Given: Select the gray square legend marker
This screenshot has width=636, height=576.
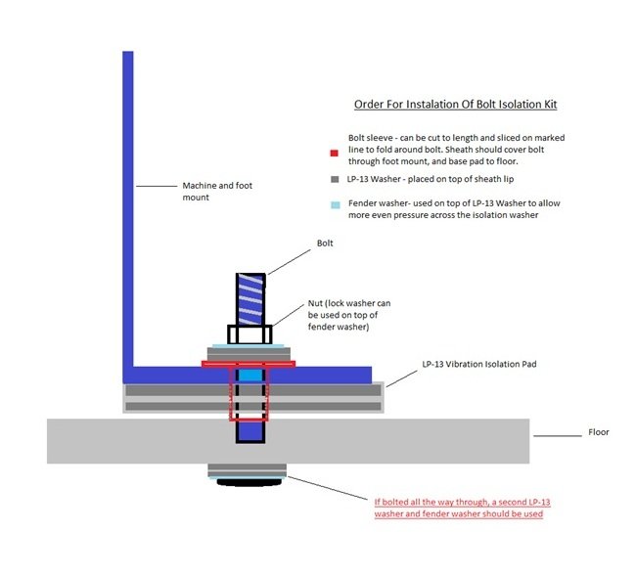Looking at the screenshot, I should pyautogui.click(x=334, y=180).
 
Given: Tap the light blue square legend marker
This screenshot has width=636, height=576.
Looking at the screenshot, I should pyautogui.click(x=334, y=205).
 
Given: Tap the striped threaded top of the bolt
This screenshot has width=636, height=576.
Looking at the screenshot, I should pyautogui.click(x=250, y=298).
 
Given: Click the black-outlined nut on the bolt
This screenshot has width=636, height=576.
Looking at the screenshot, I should pyautogui.click(x=250, y=335).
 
